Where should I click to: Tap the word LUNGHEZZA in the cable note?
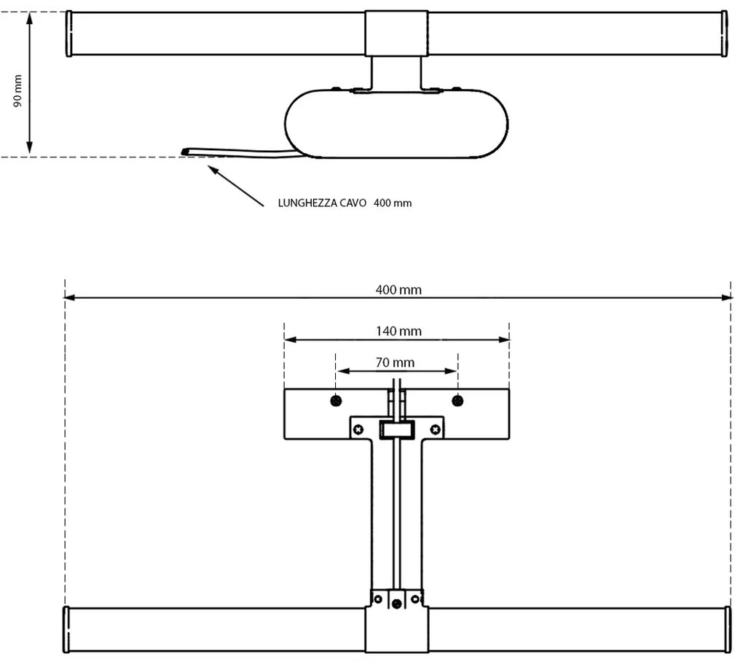tap(307, 203)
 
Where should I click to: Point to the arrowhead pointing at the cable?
tap(212, 169)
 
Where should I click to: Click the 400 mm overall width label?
tap(398, 290)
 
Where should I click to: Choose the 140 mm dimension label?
tap(398, 331)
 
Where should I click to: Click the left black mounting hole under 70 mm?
tap(335, 399)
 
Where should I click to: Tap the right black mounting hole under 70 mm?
tap(457, 399)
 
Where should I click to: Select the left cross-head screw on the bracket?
tap(358, 429)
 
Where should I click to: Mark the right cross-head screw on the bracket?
tap(436, 429)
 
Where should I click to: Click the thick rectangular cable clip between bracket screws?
tap(397, 430)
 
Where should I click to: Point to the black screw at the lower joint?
tap(396, 602)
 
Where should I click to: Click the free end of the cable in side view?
tap(184, 152)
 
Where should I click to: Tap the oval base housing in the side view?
tap(396, 124)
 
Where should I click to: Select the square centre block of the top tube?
tap(396, 33)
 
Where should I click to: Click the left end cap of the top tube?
tap(69, 34)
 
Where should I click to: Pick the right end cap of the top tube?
tap(724, 34)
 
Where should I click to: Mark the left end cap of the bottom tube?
tap(66, 629)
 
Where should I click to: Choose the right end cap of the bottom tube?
tap(727, 629)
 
